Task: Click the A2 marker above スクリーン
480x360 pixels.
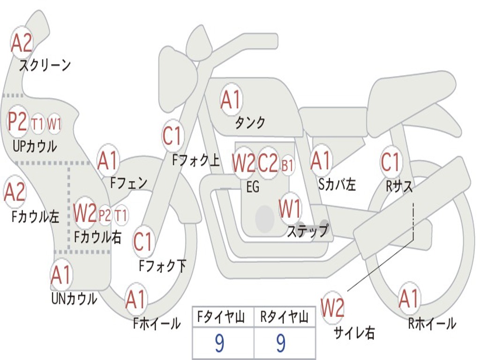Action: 22,43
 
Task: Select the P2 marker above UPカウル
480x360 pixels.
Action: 18,122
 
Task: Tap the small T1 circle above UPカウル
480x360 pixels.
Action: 38,124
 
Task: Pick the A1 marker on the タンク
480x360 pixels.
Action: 231,99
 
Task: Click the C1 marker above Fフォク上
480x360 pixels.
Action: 172,136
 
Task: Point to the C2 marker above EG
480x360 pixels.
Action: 268,163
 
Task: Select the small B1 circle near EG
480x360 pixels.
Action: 287,165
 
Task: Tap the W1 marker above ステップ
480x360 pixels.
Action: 290,209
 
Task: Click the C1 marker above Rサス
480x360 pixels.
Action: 390,162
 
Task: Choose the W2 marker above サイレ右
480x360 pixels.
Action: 332,307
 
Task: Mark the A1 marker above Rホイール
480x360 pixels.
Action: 409,299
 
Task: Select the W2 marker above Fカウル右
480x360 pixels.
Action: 85,213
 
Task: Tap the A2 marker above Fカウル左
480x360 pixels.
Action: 15,192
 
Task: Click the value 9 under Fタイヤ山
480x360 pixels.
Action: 219,344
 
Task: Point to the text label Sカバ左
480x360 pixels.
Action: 337,185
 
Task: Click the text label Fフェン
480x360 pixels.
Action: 128,182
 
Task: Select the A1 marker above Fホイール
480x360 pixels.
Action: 136,300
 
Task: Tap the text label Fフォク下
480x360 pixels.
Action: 162,266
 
